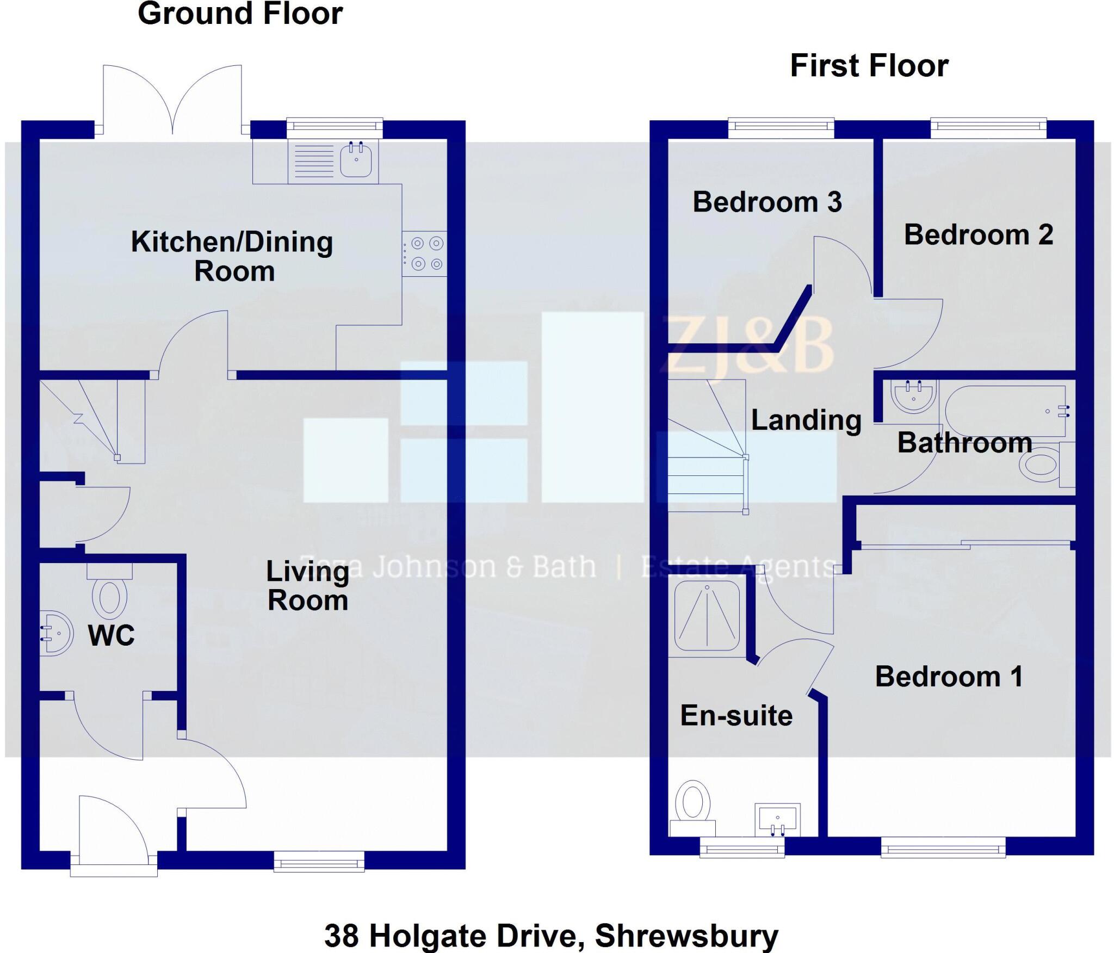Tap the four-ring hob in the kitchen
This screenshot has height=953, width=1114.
pyautogui.click(x=425, y=253)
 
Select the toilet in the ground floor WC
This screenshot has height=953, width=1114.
pyautogui.click(x=110, y=597)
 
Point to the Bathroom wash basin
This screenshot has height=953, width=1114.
pyautogui.click(x=913, y=395)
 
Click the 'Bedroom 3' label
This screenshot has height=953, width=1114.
pyautogui.click(x=767, y=202)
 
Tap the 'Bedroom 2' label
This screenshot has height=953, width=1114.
pyautogui.click(x=979, y=235)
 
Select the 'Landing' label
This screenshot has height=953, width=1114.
pyautogui.click(x=806, y=420)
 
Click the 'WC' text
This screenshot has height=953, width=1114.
pyautogui.click(x=112, y=635)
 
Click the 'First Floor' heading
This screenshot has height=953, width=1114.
pyautogui.click(x=869, y=66)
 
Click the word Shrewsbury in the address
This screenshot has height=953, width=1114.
pyautogui.click(x=686, y=936)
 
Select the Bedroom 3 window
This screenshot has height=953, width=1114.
pyautogui.click(x=781, y=126)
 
